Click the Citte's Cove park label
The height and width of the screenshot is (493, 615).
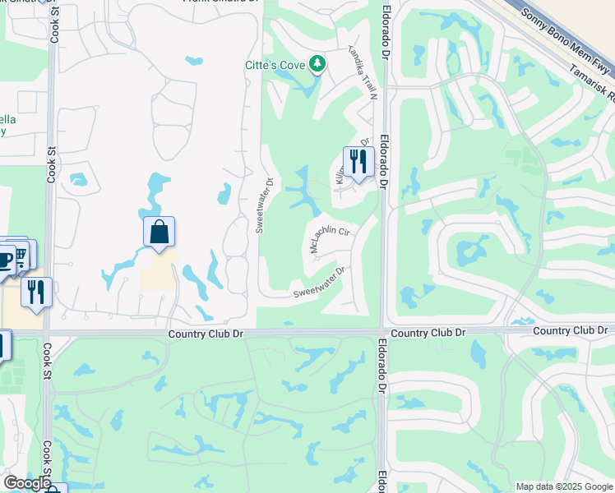[274, 65]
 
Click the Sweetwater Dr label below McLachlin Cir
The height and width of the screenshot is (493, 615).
[318, 282]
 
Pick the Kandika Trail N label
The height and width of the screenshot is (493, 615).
[362, 73]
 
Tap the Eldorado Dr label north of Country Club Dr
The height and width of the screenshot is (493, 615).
[384, 40]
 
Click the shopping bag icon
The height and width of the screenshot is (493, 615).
[160, 232]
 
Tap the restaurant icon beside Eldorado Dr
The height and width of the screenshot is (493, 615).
[358, 161]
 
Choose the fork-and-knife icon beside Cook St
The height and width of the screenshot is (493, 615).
[36, 292]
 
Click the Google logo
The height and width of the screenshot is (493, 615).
[26, 483]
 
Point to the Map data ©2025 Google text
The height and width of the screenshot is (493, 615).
[563, 486]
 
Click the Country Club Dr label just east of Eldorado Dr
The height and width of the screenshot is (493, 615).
[428, 333]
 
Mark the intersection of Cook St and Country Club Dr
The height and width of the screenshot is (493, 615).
[49, 334]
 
